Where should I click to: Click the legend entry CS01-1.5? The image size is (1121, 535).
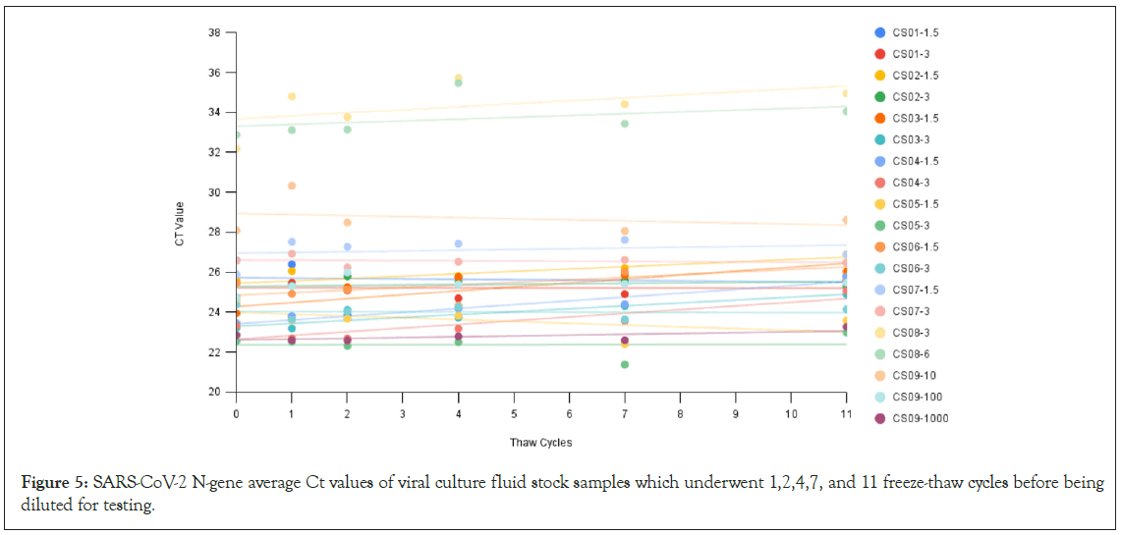coord(915,32)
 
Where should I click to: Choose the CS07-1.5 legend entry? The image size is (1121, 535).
coord(915,290)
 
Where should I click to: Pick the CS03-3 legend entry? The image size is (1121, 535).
coord(909,139)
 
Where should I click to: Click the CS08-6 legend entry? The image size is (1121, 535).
coord(909,354)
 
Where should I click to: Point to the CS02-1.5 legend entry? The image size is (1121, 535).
coord(915,76)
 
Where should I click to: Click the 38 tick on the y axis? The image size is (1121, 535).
coord(214,32)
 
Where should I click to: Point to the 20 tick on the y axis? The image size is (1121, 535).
coord(214,392)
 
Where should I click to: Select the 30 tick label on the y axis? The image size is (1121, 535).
coord(214,192)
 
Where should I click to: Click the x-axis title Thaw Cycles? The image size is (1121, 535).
coord(540,443)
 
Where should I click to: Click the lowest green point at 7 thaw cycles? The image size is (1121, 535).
coord(625,364)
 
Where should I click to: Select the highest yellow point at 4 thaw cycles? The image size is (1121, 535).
coord(458,79)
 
